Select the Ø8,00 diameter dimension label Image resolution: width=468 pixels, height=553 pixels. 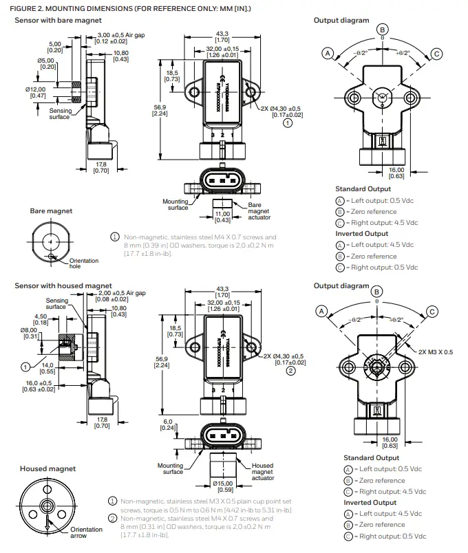[x=31, y=333]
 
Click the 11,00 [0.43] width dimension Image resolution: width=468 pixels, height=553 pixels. [x=222, y=217]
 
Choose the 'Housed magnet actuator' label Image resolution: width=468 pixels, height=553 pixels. [x=262, y=472]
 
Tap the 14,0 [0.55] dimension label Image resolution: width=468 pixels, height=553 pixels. [x=47, y=369]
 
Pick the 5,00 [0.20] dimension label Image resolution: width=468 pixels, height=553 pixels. [x=55, y=47]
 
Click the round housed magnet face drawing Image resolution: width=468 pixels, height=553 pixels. [x=46, y=506]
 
